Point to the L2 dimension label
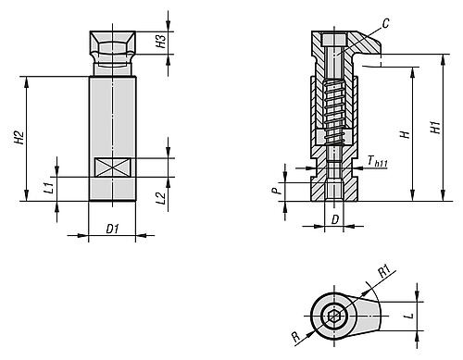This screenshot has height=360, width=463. [160, 197]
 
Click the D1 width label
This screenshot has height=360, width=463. [111, 228]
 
